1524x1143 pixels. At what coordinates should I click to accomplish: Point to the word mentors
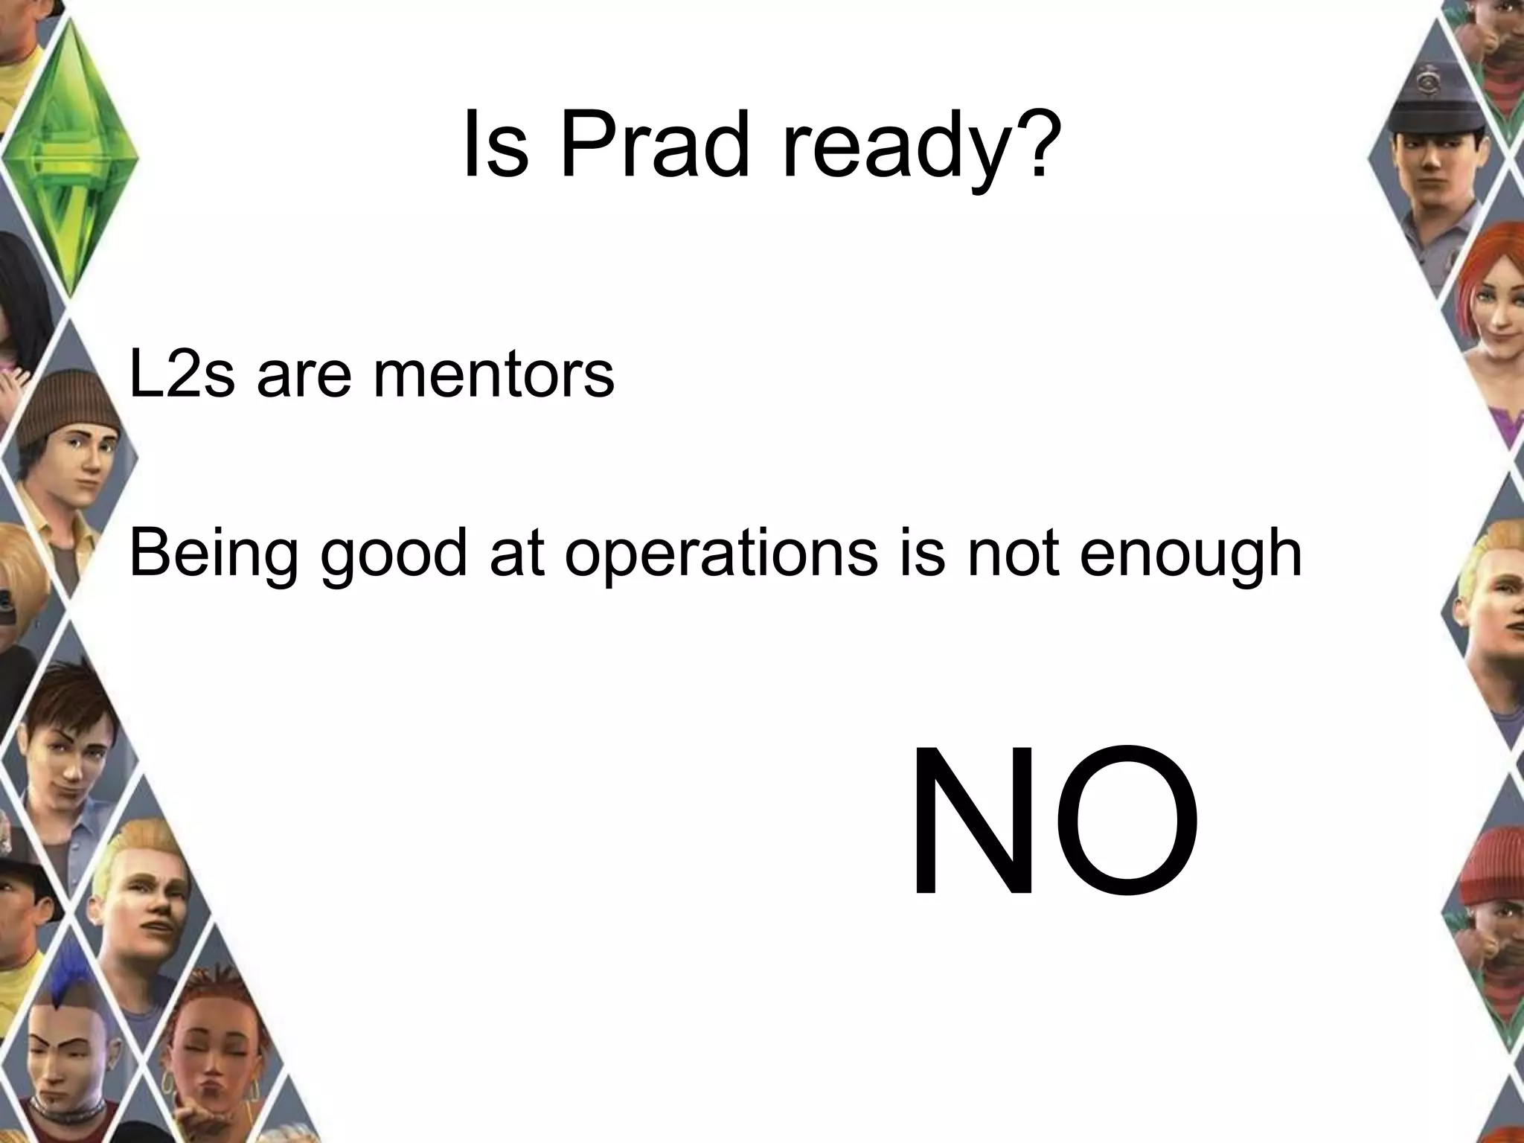tap(494, 375)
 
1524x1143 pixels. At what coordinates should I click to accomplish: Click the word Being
tap(212, 554)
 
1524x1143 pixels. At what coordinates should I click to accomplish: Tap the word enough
tap(1190, 554)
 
